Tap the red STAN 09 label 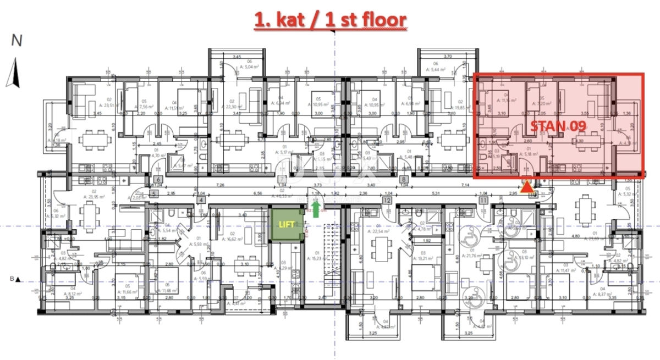[557, 126]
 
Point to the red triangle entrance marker [527, 188]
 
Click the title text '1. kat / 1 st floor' [330, 20]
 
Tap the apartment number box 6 [158, 179]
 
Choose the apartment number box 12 [387, 201]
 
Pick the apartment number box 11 [484, 201]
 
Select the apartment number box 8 [404, 179]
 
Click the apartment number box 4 [201, 201]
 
